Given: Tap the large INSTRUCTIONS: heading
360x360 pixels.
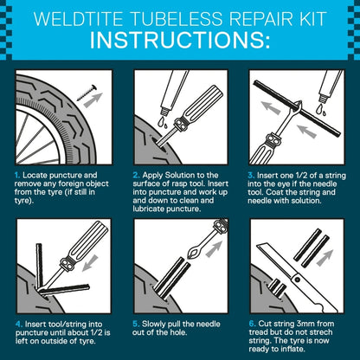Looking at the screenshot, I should point(180,42).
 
